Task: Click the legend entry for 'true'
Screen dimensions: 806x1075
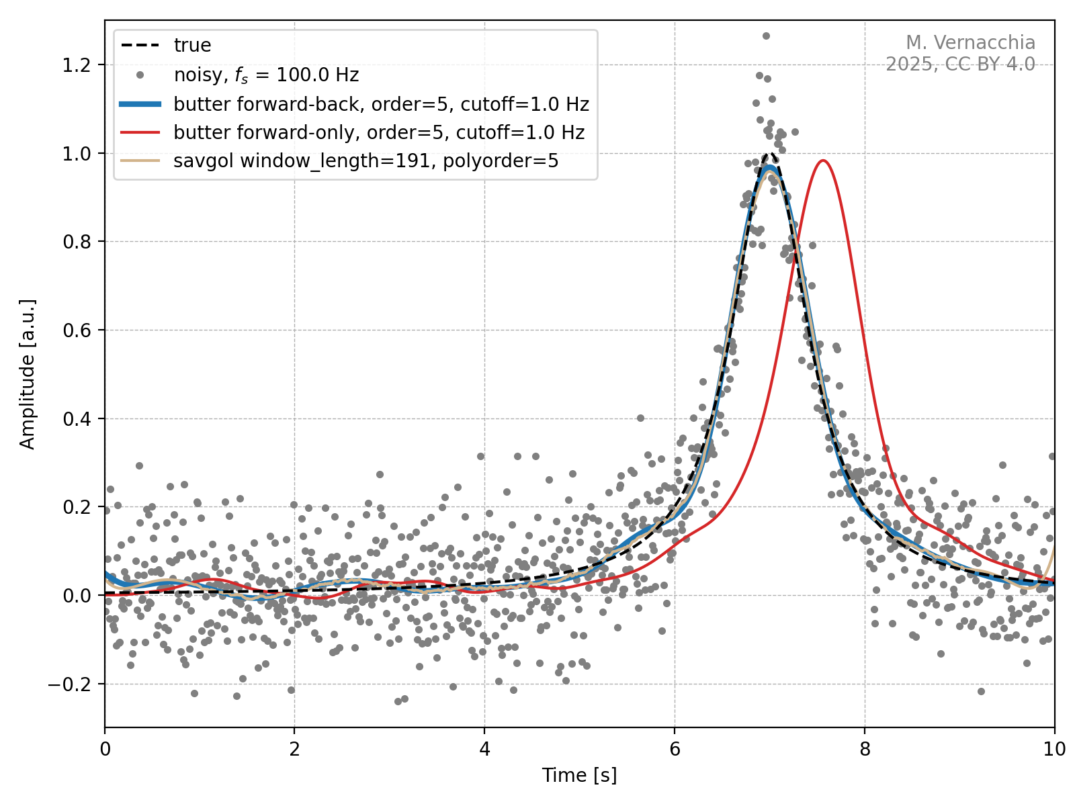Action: coord(192,46)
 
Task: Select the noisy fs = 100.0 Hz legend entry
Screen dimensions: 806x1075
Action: coord(266,75)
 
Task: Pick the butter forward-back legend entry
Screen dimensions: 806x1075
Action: coord(381,104)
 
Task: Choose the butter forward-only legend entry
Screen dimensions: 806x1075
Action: coord(378,132)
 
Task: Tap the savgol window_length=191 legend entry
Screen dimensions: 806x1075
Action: coord(365,161)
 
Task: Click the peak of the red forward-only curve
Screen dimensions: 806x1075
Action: coord(822,161)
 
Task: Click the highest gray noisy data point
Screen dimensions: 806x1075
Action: coord(766,36)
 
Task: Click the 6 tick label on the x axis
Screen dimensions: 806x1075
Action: coord(675,749)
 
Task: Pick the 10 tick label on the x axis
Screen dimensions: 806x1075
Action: coord(1054,749)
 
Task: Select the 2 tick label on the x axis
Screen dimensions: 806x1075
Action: coord(294,749)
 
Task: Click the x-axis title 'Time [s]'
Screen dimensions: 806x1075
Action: coord(579,775)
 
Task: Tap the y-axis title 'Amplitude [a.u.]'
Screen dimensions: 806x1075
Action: coord(27,374)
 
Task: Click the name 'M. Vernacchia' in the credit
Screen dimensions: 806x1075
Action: coord(970,43)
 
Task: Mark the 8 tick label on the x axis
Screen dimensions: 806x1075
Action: coord(865,749)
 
